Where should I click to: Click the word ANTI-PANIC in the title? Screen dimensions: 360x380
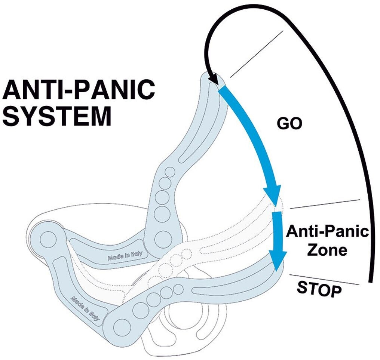(x=79, y=90)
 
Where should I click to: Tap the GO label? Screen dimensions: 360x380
(x=289, y=124)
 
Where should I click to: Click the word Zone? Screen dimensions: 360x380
(x=327, y=250)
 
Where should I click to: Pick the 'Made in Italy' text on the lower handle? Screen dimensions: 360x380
(x=86, y=308)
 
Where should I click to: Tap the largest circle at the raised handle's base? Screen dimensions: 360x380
(x=162, y=237)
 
